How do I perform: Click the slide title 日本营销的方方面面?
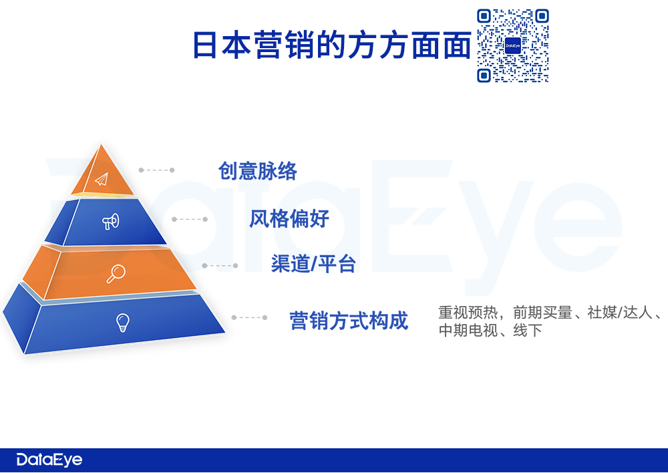(331, 45)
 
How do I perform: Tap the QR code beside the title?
(512, 45)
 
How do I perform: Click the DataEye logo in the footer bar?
(49, 460)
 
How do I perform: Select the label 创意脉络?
(258, 171)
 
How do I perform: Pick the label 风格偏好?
(289, 219)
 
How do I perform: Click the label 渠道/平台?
(313, 264)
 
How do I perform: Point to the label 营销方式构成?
(349, 321)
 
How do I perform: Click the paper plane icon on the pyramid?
(102, 180)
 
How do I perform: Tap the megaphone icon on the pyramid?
(111, 222)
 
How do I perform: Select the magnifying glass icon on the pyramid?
(116, 273)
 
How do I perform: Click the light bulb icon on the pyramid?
(123, 323)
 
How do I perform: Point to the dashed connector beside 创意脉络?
(156, 170)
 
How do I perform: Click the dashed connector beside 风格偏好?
(190, 219)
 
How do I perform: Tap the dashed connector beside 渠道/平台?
(220, 265)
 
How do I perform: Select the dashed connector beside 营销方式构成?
(249, 317)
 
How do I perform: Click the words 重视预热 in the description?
(468, 313)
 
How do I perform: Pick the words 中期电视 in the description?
(468, 330)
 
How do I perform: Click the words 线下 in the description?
(528, 330)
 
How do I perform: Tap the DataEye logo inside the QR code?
(512, 45)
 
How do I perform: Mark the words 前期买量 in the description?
(542, 313)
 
